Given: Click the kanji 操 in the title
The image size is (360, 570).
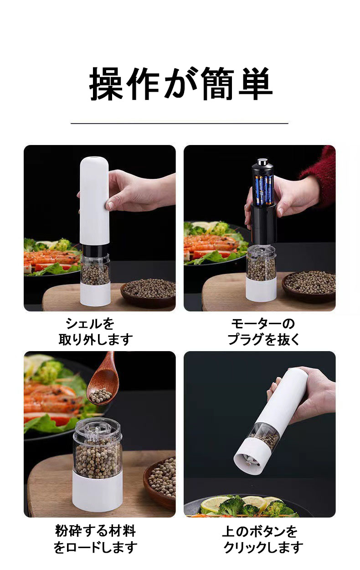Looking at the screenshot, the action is tap(107, 84).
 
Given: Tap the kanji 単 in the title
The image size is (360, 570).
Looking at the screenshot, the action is tap(255, 84).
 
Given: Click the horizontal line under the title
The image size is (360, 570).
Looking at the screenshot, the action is tap(180, 124).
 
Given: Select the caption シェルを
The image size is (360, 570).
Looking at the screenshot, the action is tap(90, 324).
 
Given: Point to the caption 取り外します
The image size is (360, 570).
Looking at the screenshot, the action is tap(96, 340).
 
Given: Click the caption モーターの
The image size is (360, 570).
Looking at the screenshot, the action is tap(263, 324).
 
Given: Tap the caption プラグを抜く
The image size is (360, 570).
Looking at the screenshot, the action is tap(263, 340).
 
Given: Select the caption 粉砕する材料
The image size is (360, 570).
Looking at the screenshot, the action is tap(95, 531).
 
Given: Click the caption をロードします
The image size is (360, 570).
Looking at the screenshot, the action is tap(95, 547).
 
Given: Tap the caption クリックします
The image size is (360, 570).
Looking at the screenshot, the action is tap(263, 547).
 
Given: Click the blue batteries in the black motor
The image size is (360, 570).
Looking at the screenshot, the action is tap(264, 190).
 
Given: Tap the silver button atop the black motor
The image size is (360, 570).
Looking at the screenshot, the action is tap(263, 162).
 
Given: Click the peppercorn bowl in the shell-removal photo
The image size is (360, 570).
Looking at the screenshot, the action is tap(148, 293).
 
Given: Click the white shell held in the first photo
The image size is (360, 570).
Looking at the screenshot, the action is tap(94, 201).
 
